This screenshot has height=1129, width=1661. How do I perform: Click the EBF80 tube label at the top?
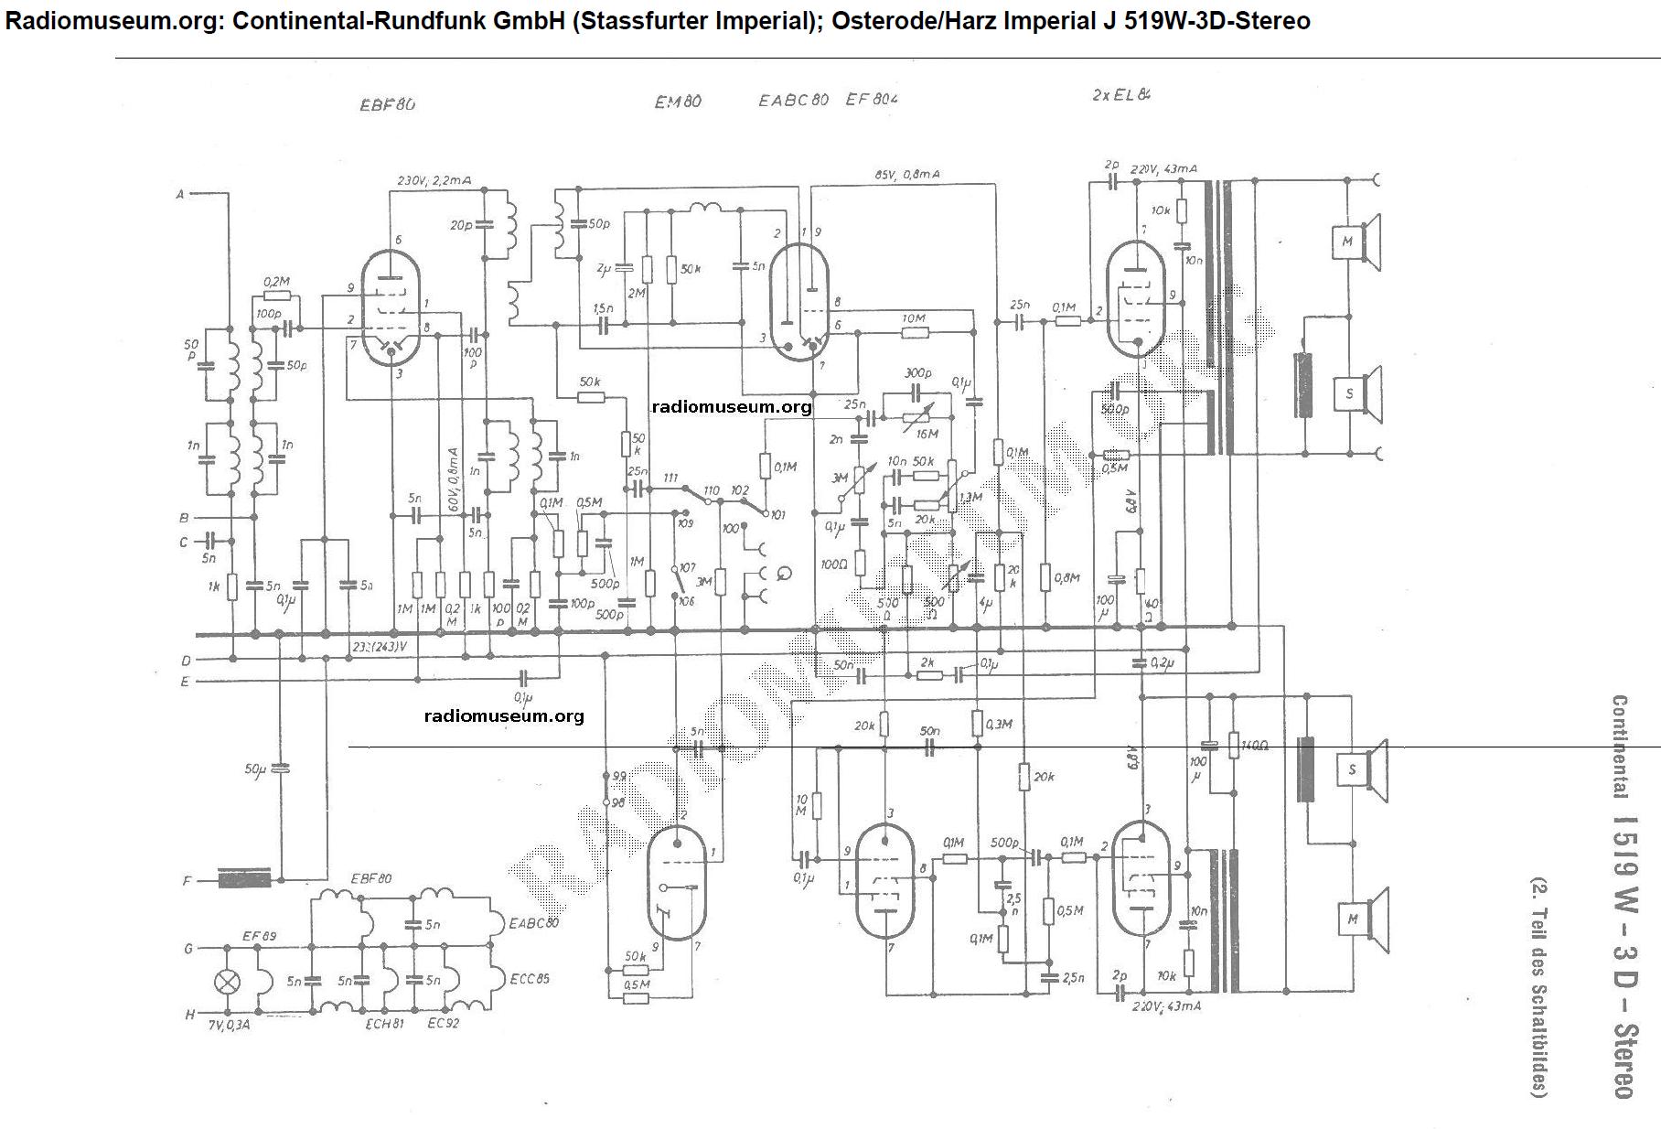coord(388,104)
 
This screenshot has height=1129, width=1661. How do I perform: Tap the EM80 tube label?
coord(678,102)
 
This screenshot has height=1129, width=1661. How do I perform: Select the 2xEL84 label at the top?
coord(1121,95)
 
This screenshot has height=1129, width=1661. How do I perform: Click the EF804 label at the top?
coord(872,100)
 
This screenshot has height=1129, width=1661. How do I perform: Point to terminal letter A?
coord(180,194)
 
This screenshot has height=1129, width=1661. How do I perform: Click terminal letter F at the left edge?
coord(187,882)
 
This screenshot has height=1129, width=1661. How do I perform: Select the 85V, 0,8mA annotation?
coord(906,175)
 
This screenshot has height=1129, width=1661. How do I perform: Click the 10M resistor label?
coord(913,318)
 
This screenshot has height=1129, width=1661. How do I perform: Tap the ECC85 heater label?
coord(530,979)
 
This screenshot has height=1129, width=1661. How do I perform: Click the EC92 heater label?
coord(444,1023)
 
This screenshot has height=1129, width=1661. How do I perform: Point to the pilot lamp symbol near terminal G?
coord(226,982)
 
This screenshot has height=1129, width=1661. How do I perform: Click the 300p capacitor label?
coord(918,374)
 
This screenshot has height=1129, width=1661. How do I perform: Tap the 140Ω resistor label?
coord(1254,746)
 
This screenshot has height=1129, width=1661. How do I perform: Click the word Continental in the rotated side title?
coord(1619,747)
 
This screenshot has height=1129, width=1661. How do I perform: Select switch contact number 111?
coord(670,478)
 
